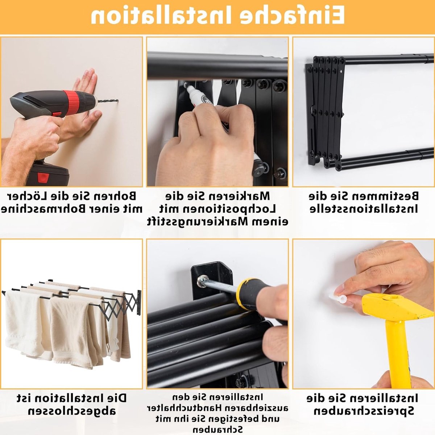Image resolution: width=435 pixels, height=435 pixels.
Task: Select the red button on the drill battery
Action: coord(43,177)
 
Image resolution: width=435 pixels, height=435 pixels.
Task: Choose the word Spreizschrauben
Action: coord(364,411)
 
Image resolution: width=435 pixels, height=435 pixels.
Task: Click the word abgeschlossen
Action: coord(72,411)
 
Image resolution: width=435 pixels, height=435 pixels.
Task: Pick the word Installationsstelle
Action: coord(364,209)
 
